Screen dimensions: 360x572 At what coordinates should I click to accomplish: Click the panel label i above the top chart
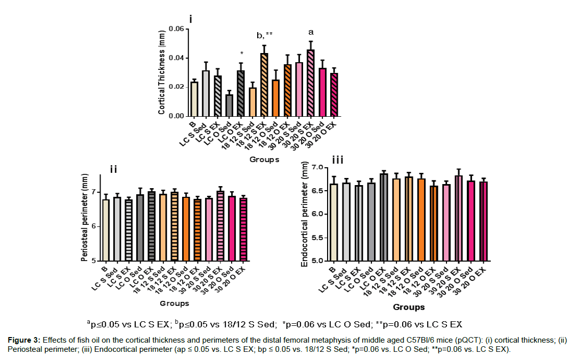coord(191,19)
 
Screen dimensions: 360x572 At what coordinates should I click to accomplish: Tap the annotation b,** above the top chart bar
coord(264,35)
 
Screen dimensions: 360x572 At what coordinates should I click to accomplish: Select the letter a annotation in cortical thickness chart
coord(311,32)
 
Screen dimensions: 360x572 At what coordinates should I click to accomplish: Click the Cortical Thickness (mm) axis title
coord(162,72)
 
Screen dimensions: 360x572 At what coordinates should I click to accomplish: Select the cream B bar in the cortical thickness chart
coord(194,99)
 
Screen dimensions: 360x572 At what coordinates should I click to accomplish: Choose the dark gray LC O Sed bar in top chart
coord(229,106)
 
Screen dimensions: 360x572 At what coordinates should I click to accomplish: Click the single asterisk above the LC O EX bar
coord(241,53)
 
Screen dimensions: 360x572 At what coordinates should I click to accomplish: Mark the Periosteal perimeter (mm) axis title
coord(85,218)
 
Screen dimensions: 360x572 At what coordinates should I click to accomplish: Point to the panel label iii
coord(339,160)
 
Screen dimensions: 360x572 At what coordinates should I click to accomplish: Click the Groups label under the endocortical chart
coord(409,307)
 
